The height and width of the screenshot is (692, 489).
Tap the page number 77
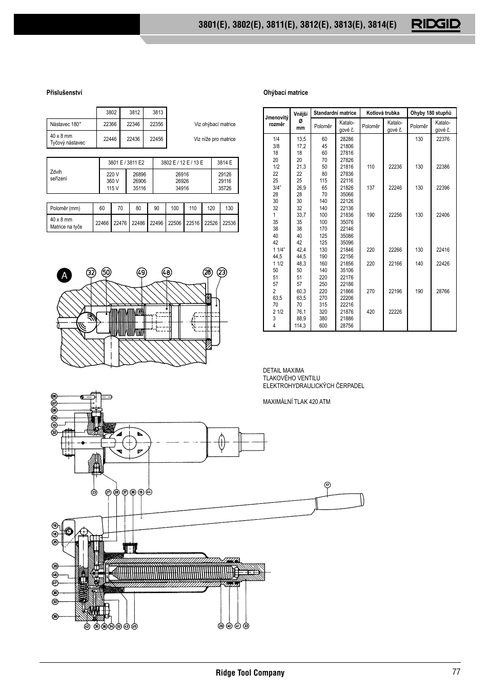pos(456,673)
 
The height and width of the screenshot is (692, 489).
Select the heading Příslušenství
pos(64,93)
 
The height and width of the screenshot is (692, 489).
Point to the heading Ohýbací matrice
pos(286,93)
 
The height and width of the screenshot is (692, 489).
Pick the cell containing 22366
pos(110,125)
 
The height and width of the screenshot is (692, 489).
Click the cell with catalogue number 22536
pos(229,223)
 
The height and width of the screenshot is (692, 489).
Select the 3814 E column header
pos(225,163)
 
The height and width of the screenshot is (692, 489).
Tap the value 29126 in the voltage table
pos(225,174)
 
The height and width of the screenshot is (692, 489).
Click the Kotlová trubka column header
pos(382,113)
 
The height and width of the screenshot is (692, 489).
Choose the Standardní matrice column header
pos(335,113)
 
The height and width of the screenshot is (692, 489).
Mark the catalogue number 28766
pos(442,291)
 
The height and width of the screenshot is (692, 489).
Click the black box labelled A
pos(64,275)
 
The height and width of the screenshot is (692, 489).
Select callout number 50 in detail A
pos(106,273)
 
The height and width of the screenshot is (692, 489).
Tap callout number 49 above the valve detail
pos(141,273)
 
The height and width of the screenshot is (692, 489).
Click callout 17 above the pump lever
pos(328,484)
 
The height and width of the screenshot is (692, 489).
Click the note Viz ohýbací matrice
pos(215,125)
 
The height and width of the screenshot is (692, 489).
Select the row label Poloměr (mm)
pos(65,209)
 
